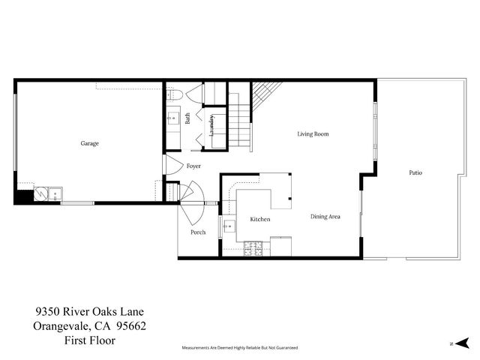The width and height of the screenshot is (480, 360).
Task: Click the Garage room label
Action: pyautogui.click(x=90, y=143)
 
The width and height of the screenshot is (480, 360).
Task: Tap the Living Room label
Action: pyautogui.click(x=313, y=134)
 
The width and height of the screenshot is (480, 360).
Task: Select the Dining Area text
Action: pyautogui.click(x=325, y=217)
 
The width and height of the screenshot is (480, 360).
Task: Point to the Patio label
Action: pyautogui.click(x=415, y=173)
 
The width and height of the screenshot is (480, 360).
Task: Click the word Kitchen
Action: pyautogui.click(x=259, y=219)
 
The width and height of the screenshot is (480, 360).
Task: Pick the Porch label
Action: pyautogui.click(x=198, y=232)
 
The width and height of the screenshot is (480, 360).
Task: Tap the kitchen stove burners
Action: pyautogui.click(x=250, y=247)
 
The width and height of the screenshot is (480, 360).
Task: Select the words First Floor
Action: pyautogui.click(x=91, y=340)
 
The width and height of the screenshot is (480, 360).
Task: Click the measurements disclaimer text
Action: pyautogui.click(x=240, y=348)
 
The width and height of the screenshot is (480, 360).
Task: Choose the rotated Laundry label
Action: pyautogui.click(x=213, y=124)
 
